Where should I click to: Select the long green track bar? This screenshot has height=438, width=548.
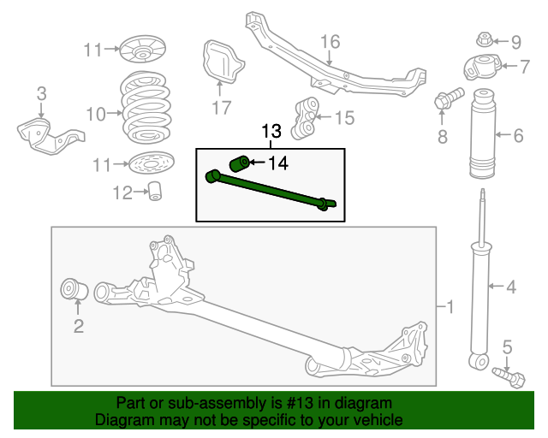click(x=270, y=190)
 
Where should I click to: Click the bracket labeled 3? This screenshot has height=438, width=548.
click(x=47, y=132)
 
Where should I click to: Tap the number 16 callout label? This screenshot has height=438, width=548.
click(x=330, y=42)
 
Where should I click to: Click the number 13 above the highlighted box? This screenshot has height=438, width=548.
click(x=271, y=132)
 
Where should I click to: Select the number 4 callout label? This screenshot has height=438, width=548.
click(x=510, y=287)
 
